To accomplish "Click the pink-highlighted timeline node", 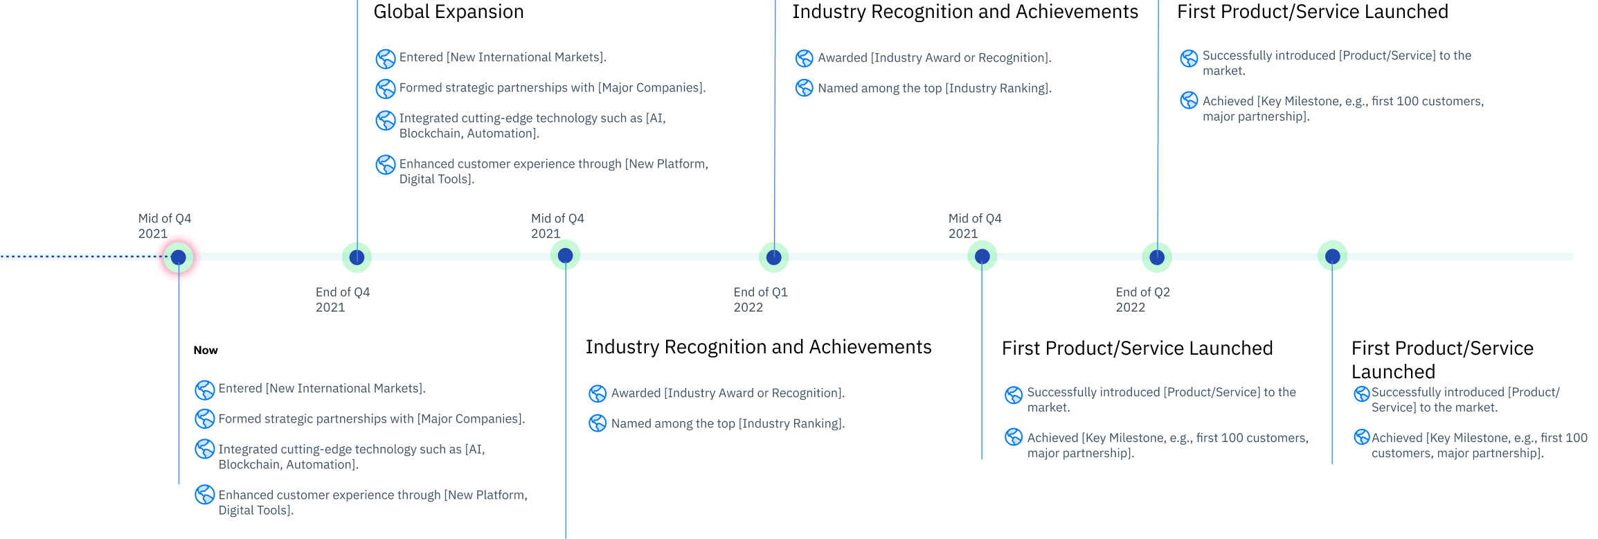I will click(x=179, y=257).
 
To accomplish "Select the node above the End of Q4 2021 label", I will click(x=357, y=257).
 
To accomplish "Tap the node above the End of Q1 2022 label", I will click(x=773, y=257).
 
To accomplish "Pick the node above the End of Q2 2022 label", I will click(x=1156, y=257).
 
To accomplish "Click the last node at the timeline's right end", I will click(x=1332, y=257).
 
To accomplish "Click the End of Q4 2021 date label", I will click(x=342, y=299).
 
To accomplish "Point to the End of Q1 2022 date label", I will click(x=760, y=299).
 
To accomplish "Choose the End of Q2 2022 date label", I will click(x=1142, y=299).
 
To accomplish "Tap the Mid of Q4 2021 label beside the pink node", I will click(x=164, y=225).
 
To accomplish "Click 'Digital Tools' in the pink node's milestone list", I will click(x=254, y=511).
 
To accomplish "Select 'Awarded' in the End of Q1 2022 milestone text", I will click(x=842, y=58).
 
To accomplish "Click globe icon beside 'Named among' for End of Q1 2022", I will click(x=804, y=88).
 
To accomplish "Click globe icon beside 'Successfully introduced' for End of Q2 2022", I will click(x=1189, y=58).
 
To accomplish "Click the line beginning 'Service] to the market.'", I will click(x=1434, y=407).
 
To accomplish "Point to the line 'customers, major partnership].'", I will click(x=1457, y=453).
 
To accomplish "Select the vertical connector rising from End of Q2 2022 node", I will click(x=1158, y=125).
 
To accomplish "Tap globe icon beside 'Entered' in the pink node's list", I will click(x=204, y=390).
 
